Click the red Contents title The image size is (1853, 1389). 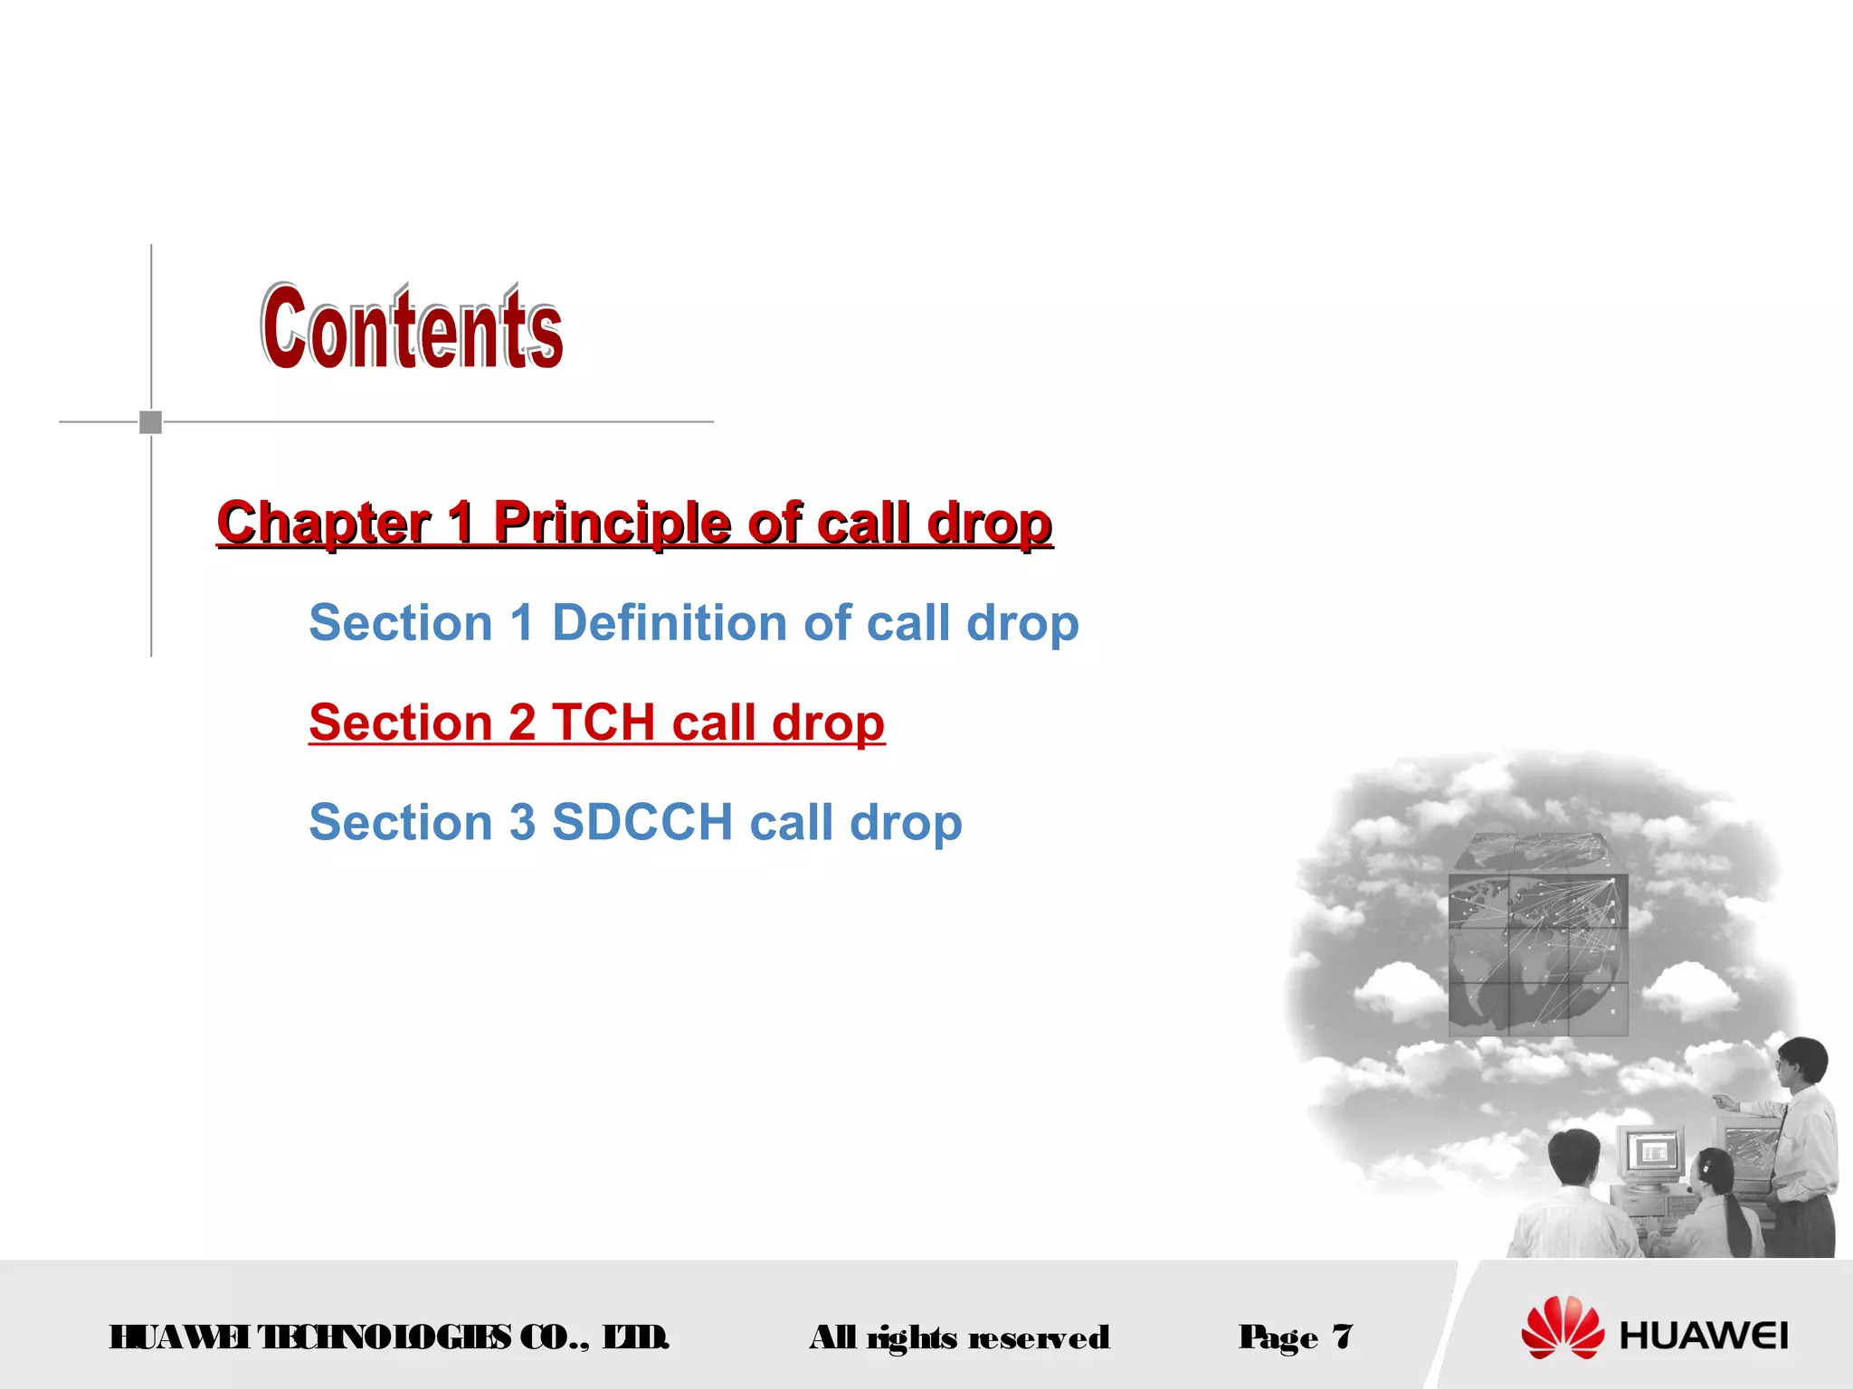[x=413, y=327]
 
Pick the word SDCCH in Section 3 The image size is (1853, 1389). [x=641, y=822]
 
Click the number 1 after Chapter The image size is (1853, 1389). [x=461, y=523]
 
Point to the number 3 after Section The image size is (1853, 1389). [x=522, y=822]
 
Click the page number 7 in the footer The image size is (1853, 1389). [x=1342, y=1336]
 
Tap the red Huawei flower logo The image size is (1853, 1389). [x=1563, y=1328]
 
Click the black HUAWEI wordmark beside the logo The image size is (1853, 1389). [x=1704, y=1336]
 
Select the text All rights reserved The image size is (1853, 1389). [x=959, y=1337]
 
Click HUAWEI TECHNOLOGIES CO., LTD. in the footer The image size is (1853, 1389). [x=389, y=1337]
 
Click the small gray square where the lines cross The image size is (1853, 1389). [x=151, y=421]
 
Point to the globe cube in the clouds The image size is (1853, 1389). [x=1538, y=936]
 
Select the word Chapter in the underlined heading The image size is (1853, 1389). [x=324, y=523]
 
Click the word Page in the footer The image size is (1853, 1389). [x=1278, y=1337]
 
